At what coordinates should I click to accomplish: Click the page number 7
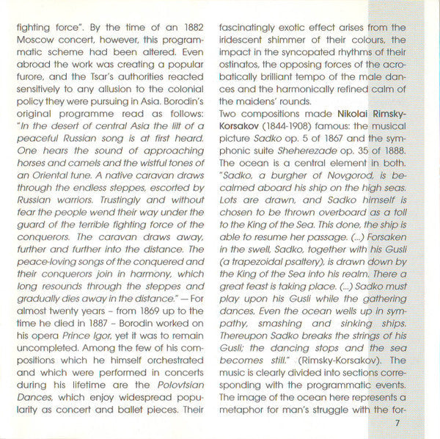(396, 424)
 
